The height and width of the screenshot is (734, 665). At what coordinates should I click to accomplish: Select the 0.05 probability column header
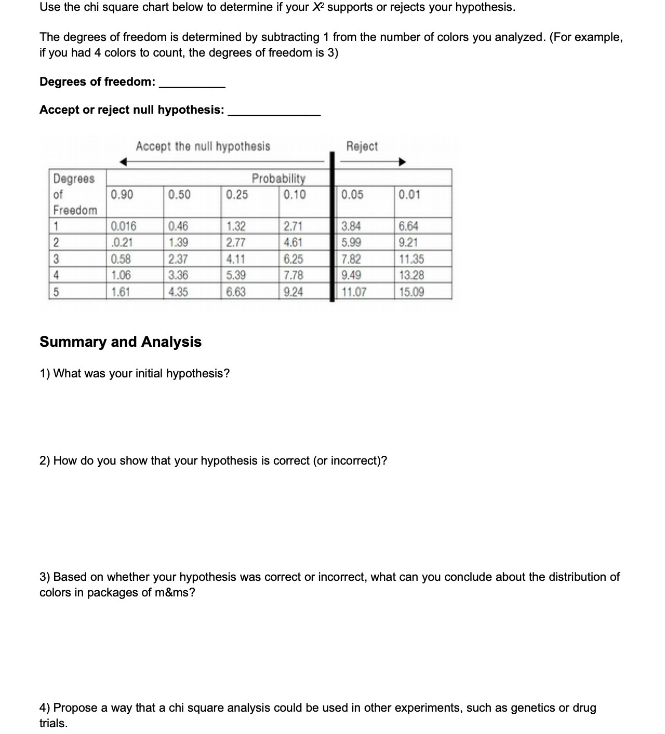coord(352,195)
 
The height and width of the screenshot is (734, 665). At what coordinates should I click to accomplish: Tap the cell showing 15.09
coord(411,292)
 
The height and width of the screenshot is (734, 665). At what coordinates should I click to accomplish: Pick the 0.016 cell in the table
coord(123,226)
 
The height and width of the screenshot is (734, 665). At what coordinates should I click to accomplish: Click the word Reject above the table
coord(362,146)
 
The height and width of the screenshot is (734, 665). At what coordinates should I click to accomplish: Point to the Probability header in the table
coord(278,179)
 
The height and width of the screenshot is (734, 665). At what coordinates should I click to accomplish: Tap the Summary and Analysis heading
coord(121,342)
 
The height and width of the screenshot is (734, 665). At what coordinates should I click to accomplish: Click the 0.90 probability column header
coord(122,195)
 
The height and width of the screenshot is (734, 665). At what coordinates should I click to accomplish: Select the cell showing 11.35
coord(411,259)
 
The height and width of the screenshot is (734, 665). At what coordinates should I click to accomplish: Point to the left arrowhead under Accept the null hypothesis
coord(123,162)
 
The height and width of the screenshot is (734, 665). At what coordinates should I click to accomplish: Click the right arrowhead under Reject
coord(402,162)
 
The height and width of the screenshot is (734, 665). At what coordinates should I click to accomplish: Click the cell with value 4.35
coord(178,292)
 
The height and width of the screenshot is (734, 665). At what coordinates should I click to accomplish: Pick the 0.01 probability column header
coord(409,195)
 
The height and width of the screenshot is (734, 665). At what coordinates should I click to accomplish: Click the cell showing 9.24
coord(294,292)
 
